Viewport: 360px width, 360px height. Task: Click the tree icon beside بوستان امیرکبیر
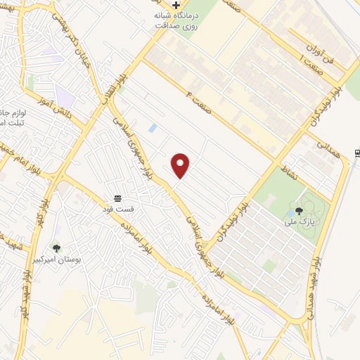click(56, 247)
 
